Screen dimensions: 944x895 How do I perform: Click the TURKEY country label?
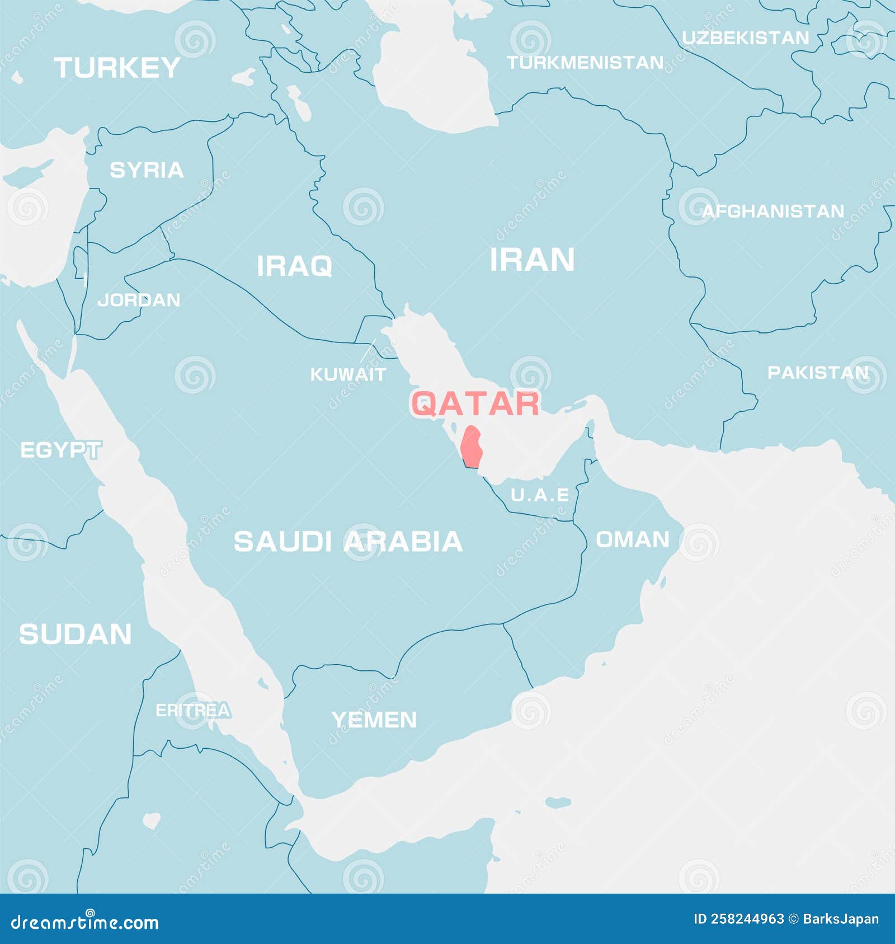117,68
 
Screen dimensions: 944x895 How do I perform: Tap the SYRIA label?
147,170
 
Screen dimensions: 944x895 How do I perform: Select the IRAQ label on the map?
294,266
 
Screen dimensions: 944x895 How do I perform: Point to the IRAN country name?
532,260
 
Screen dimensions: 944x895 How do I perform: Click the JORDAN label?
139,300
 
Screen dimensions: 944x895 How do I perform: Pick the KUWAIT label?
348,374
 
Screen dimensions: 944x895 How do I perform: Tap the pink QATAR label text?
475,403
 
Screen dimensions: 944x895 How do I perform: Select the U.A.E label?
540,495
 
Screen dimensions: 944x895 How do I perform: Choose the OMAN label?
632,540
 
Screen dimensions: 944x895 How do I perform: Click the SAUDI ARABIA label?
348,542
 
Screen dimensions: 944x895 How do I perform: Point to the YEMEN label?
374,720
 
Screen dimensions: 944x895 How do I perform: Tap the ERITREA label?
192,711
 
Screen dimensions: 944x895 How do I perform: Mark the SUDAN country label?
76,635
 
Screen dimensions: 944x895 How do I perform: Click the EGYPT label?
60,450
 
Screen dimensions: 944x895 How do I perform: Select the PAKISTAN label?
818,373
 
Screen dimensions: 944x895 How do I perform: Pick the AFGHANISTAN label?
773,212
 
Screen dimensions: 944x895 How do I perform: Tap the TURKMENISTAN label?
585,63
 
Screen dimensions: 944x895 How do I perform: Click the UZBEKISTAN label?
746,38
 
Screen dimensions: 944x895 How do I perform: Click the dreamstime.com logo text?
85,922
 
